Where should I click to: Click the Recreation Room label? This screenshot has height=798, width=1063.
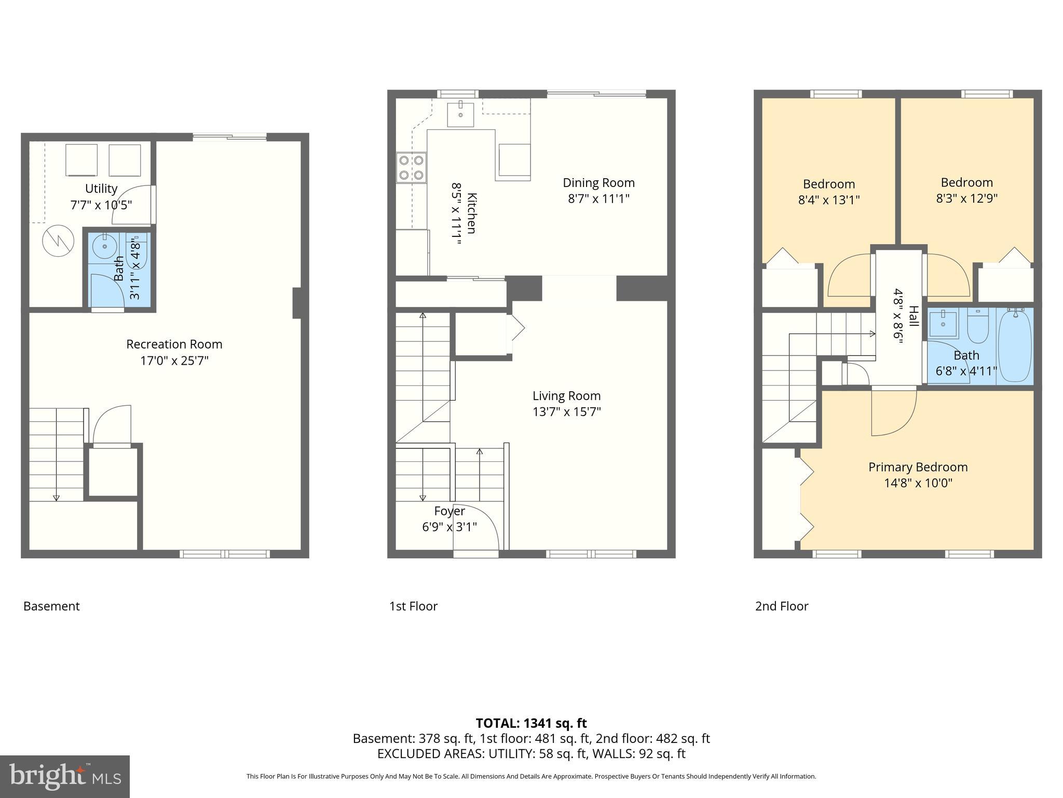point(174,344)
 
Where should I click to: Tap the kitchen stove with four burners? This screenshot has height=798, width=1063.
point(411,167)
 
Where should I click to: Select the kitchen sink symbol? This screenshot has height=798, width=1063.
point(461,114)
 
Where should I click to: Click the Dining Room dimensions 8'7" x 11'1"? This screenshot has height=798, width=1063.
point(598,198)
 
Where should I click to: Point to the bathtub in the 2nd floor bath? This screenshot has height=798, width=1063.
point(1015,345)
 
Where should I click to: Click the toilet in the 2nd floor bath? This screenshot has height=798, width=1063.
point(978,327)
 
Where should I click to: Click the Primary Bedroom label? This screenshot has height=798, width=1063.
point(918,467)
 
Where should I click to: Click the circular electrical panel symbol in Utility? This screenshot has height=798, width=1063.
point(58,241)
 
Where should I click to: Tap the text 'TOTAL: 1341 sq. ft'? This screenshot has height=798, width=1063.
point(531,723)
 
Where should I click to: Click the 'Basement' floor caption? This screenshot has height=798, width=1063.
point(51,606)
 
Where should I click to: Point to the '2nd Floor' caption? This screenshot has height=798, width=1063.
point(781,606)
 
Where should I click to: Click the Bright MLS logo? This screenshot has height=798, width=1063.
point(65,777)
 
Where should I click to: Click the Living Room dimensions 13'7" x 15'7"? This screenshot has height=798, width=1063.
point(566,412)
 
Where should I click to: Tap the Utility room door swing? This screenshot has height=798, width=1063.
point(133,205)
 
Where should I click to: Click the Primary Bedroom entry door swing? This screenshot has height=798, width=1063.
point(894,413)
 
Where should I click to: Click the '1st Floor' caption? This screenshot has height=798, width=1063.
point(413,606)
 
